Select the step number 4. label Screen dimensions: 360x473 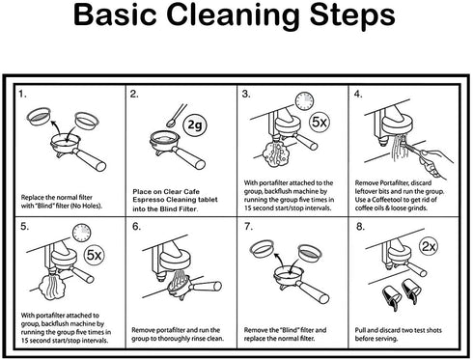tap(358, 95)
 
